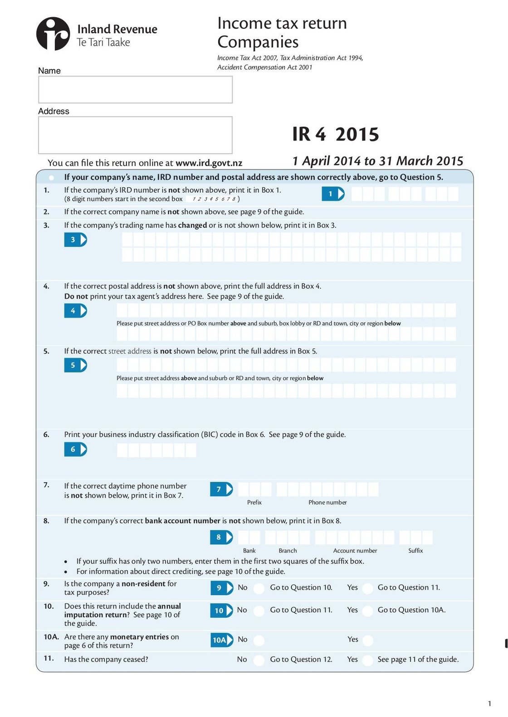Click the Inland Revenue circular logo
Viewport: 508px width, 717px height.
[x=53, y=34]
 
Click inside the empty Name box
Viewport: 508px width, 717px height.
[x=135, y=90]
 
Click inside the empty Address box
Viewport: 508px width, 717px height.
[x=135, y=135]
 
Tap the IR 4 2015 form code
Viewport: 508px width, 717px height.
[x=335, y=135]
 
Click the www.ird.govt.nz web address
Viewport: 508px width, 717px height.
[x=209, y=163]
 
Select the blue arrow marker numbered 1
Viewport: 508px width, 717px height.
[x=333, y=194]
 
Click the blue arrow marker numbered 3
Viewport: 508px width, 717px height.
[x=75, y=240]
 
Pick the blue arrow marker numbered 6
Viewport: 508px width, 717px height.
[x=75, y=450]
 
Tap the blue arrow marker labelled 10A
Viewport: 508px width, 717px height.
[x=222, y=640]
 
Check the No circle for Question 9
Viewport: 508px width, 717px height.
[x=259, y=588]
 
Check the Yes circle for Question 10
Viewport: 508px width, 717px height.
[x=368, y=611]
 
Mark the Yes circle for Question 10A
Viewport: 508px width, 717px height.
[x=368, y=640]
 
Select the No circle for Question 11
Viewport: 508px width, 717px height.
[x=259, y=660]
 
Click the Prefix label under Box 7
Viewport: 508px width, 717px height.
[x=254, y=503]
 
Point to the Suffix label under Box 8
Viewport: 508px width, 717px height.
[x=415, y=551]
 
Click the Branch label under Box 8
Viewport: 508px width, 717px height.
[x=288, y=551]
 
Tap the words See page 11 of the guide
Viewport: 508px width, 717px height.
[x=418, y=659]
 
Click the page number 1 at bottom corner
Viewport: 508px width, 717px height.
[x=489, y=703]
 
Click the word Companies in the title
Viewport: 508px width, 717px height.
[x=258, y=42]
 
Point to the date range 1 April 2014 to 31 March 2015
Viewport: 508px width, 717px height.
[x=377, y=161]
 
